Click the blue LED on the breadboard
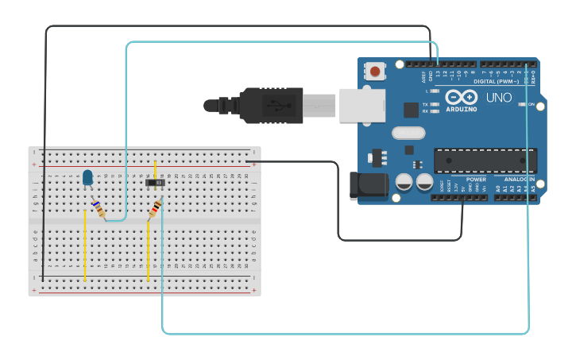(x=87, y=178)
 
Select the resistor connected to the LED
(x=98, y=209)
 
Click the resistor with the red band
(x=156, y=208)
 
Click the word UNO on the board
(x=499, y=98)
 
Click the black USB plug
(x=270, y=106)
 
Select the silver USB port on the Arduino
(x=361, y=106)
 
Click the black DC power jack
(x=369, y=186)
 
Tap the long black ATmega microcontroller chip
(x=485, y=160)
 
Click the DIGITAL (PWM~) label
(x=496, y=81)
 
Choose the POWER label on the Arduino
(x=476, y=180)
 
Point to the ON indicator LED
(x=522, y=104)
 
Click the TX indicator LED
(x=435, y=104)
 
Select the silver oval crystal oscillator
(x=408, y=133)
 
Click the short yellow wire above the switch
(x=155, y=171)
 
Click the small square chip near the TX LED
(x=411, y=110)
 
